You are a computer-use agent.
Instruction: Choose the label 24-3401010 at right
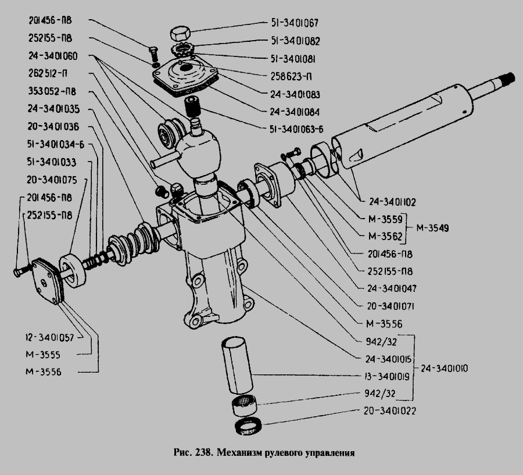click(x=445, y=368)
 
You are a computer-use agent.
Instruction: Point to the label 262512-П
click(x=47, y=74)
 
